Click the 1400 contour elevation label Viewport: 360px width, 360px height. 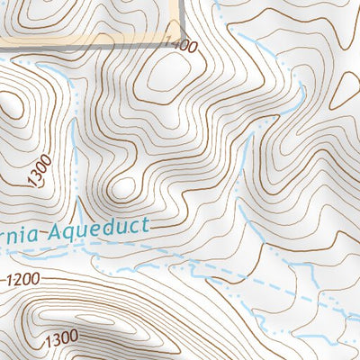pyautogui.click(x=181, y=46)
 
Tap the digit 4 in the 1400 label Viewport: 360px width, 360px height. pyautogui.click(x=175, y=46)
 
